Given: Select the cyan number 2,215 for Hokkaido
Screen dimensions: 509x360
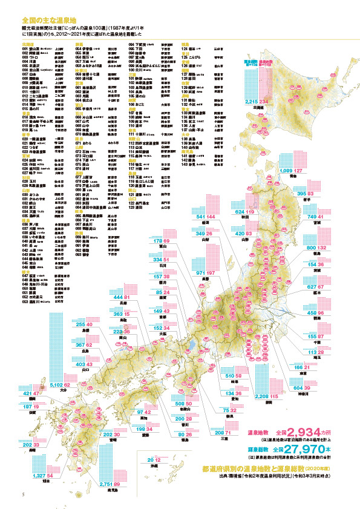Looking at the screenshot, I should pyautogui.click(x=252, y=102).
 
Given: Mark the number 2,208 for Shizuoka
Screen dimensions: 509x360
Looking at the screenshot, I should pyautogui.click(x=249, y=396).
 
